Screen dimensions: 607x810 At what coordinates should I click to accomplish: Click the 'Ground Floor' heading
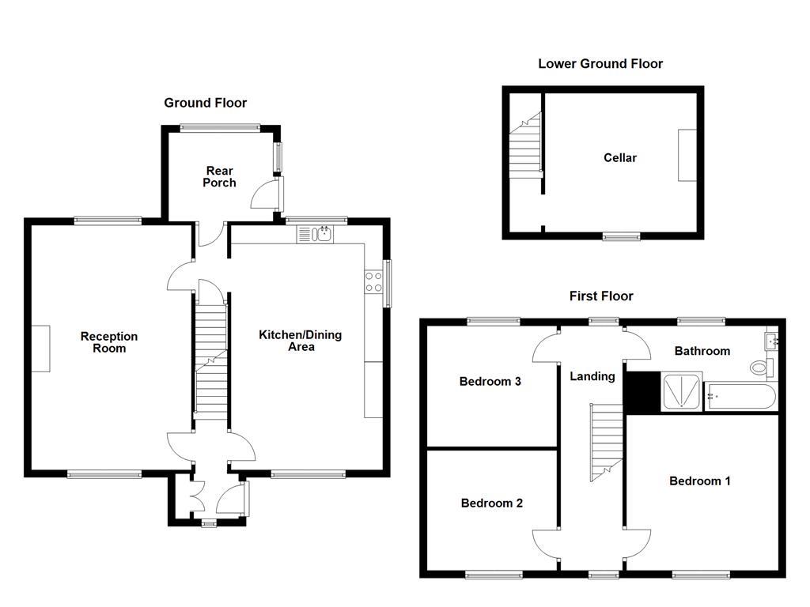click(x=205, y=103)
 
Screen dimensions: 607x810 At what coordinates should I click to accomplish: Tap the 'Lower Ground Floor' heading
click(x=600, y=64)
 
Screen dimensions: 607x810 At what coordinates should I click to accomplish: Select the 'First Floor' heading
click(x=601, y=296)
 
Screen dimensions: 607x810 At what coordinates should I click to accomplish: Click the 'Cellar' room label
click(x=619, y=158)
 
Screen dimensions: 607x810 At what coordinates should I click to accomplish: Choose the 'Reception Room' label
click(x=109, y=342)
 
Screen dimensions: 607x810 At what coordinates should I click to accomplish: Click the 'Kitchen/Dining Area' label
click(x=301, y=341)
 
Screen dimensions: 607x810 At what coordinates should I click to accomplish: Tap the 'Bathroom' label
click(x=701, y=351)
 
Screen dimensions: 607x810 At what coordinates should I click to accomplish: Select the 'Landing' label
click(x=592, y=376)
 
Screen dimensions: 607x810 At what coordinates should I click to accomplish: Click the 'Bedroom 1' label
click(x=699, y=481)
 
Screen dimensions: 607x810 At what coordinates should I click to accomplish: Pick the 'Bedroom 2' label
click(x=491, y=503)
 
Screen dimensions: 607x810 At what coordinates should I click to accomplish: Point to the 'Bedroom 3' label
click(x=490, y=382)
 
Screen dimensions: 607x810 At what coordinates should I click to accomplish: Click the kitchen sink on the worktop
click(x=316, y=233)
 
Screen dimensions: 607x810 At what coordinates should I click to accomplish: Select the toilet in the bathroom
click(x=760, y=368)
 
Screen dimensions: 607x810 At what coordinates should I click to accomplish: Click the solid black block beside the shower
click(x=642, y=393)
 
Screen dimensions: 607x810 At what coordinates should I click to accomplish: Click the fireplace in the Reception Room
click(x=41, y=349)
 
